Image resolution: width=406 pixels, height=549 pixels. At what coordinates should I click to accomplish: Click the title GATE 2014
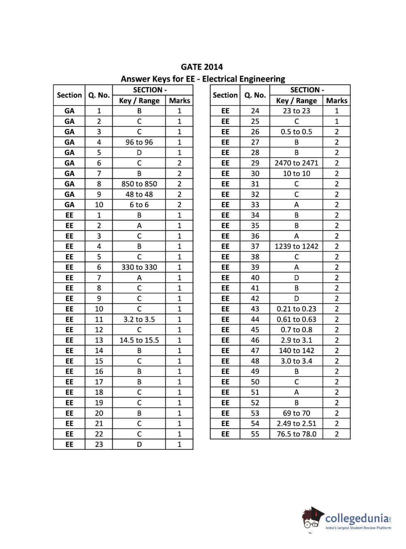point(202,67)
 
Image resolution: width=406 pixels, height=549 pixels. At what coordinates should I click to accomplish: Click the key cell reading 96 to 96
point(139,142)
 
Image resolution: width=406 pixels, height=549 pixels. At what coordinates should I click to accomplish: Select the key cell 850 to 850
point(139,184)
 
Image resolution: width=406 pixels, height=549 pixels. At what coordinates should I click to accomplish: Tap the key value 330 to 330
point(139,267)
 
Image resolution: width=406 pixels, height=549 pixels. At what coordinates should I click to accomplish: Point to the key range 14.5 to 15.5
point(139,340)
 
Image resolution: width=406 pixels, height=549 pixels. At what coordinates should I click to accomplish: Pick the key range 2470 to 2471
point(296,163)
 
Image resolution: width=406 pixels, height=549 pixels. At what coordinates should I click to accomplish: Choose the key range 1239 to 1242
point(296,246)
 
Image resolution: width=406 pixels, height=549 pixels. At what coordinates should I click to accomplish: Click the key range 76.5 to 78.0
point(296,434)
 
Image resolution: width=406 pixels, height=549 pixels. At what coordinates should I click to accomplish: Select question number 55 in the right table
point(255,434)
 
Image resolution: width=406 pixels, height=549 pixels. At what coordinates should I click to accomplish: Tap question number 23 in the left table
point(99,445)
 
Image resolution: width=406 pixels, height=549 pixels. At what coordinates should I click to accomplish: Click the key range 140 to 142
point(296,351)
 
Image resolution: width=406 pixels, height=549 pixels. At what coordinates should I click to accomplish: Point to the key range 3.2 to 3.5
point(139,319)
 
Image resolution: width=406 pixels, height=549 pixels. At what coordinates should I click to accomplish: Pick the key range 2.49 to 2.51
point(296,423)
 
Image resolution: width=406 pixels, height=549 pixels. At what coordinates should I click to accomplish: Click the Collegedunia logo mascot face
point(311,519)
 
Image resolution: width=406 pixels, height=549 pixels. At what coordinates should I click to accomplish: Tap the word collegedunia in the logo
point(357,519)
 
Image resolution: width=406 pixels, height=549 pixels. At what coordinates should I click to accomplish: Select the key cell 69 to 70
point(296,413)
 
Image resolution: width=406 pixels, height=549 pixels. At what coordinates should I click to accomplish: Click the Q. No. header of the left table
point(99,95)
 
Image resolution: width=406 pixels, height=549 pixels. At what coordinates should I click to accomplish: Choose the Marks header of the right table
point(336,100)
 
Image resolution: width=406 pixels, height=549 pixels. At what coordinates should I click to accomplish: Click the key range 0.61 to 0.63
point(296,319)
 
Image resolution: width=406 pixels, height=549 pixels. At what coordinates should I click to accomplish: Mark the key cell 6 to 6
point(139,205)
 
